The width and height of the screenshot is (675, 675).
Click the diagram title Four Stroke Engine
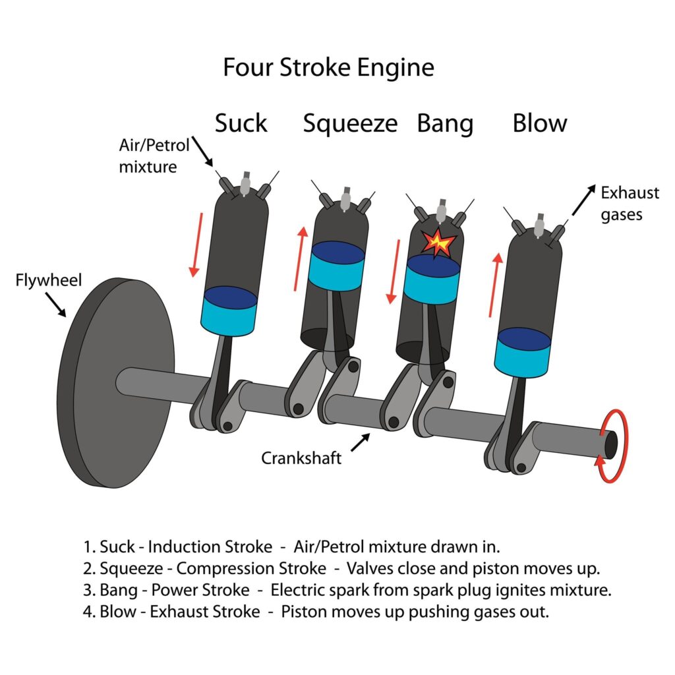(328, 68)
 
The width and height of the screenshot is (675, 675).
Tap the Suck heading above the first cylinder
(241, 123)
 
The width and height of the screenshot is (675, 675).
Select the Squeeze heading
(350, 124)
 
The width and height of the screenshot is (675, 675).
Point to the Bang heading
(445, 124)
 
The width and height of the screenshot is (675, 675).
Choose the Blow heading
(540, 123)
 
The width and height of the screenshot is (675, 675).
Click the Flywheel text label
(49, 281)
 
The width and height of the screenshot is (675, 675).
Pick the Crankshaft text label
(301, 457)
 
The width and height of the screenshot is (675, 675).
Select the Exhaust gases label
(629, 203)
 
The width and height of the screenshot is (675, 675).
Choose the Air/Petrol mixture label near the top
(148, 156)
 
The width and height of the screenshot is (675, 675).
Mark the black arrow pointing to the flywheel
(57, 305)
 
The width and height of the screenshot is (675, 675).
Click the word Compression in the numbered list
(220, 568)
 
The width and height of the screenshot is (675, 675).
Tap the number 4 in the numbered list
(87, 611)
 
